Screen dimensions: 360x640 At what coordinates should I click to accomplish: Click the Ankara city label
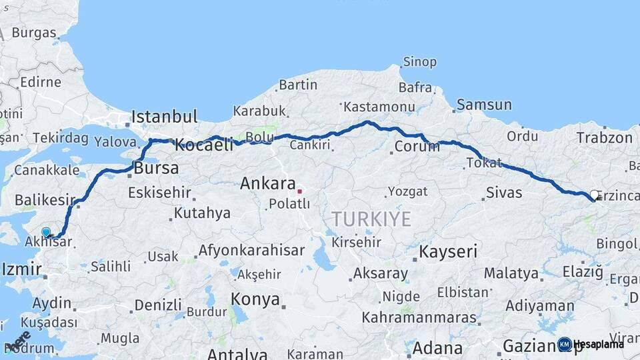tap(267, 183)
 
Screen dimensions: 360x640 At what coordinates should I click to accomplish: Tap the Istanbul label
tap(165, 117)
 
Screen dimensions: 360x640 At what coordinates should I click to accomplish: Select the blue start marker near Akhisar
tap(45, 232)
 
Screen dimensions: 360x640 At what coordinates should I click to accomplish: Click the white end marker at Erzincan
tap(594, 195)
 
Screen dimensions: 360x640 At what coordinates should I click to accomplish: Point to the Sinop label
tap(419, 62)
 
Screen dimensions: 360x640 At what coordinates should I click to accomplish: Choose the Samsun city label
tap(484, 105)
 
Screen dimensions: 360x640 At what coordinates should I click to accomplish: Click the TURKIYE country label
tap(371, 218)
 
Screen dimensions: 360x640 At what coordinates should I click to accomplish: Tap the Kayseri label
tap(448, 252)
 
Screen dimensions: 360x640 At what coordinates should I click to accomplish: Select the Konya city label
tap(255, 299)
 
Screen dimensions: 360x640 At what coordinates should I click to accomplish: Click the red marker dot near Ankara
tap(299, 191)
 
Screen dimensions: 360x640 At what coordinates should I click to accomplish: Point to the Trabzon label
tap(605, 138)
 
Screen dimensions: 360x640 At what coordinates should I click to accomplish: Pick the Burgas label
tap(34, 32)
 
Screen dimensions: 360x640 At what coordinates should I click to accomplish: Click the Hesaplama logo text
tap(598, 344)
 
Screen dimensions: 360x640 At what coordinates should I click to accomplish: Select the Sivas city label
tap(503, 193)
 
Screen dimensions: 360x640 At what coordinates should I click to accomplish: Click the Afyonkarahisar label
tap(251, 251)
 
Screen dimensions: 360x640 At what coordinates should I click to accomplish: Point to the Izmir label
tap(22, 270)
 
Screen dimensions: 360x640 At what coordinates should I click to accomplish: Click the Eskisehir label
tap(159, 193)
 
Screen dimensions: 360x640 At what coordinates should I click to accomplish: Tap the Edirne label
tap(41, 83)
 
